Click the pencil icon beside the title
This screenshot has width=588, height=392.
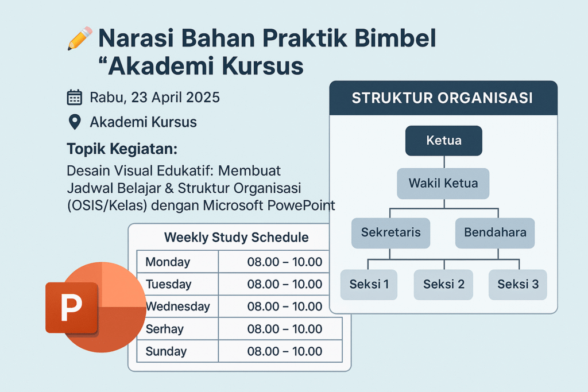pyautogui.click(x=80, y=38)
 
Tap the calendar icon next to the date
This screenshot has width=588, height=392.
pyautogui.click(x=74, y=98)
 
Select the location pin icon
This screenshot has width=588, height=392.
pyautogui.click(x=75, y=122)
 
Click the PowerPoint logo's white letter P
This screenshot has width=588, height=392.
pyautogui.click(x=71, y=307)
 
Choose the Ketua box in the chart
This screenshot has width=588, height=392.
pyautogui.click(x=444, y=141)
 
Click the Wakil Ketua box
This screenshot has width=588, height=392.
pyautogui.click(x=443, y=183)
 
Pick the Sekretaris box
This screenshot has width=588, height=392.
pyautogui.click(x=390, y=232)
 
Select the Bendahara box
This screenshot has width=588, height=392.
pyautogui.click(x=495, y=232)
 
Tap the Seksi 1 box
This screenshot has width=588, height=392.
pyautogui.click(x=369, y=285)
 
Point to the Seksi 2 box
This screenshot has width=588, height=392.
pyautogui.click(x=444, y=285)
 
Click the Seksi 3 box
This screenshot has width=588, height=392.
pyautogui.click(x=518, y=285)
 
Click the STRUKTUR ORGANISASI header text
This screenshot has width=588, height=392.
pyautogui.click(x=442, y=98)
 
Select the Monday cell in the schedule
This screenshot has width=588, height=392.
pyautogui.click(x=178, y=262)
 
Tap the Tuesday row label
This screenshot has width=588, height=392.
pyautogui.click(x=168, y=284)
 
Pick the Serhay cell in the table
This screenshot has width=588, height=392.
pyautogui.click(x=178, y=329)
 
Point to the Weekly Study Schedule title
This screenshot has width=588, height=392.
pyautogui.click(x=236, y=237)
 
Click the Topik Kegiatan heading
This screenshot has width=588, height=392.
pyautogui.click(x=122, y=149)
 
